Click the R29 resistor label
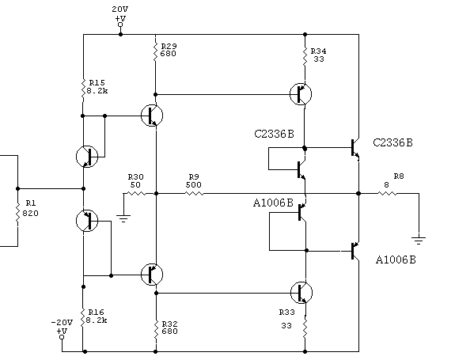(x=169, y=46)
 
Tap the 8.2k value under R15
(x=97, y=91)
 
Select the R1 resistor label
(x=31, y=203)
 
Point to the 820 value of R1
(x=30, y=213)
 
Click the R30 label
(x=136, y=176)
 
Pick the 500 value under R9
(x=194, y=185)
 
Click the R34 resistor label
(x=318, y=51)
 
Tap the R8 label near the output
(x=399, y=176)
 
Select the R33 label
(x=286, y=313)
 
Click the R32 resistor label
(x=169, y=324)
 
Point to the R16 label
(x=96, y=313)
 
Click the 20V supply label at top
(x=119, y=9)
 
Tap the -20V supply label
(x=62, y=322)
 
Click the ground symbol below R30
(x=123, y=218)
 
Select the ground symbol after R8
(x=419, y=241)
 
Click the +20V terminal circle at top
(x=120, y=25)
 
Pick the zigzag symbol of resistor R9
(x=194, y=193)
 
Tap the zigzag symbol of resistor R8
(x=387, y=193)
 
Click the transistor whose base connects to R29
(x=301, y=94)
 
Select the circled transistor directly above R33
(x=301, y=293)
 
